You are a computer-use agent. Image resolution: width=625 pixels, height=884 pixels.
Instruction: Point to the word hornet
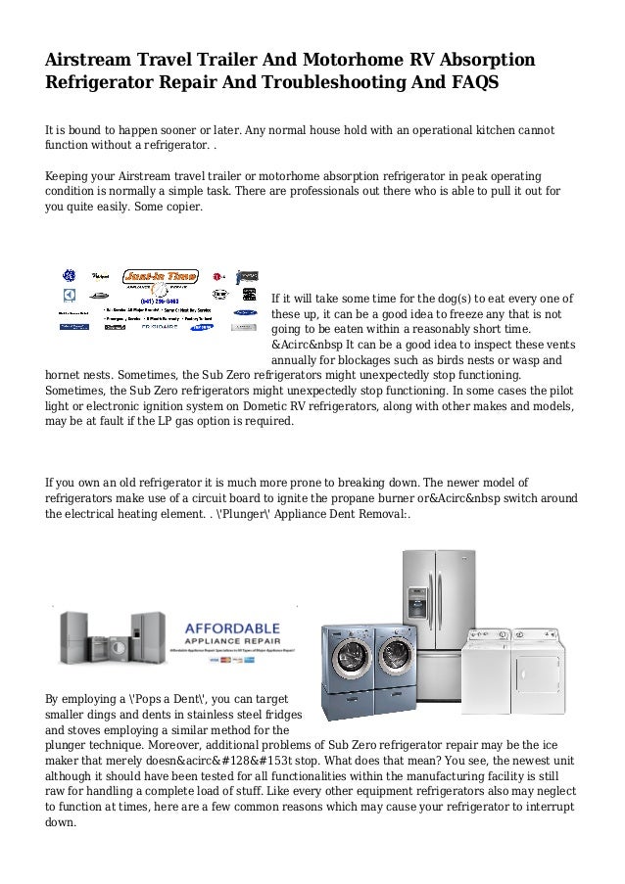(x=67, y=374)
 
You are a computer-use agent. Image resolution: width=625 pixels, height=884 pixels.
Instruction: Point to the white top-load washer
(x=486, y=656)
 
